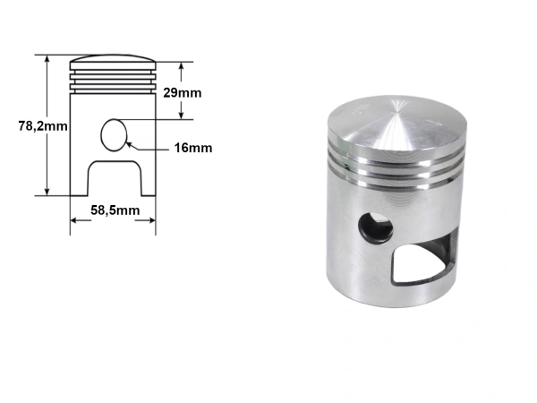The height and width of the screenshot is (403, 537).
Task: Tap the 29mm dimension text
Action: coord(184,93)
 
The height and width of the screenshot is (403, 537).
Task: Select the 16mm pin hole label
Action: coord(194,148)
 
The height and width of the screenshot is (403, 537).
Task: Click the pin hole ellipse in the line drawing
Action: coord(114,135)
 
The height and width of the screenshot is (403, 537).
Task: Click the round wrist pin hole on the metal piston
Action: coord(373,227)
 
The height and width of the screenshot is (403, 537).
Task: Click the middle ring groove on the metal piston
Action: coord(394,165)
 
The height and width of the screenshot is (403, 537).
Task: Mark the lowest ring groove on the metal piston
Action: coord(394,176)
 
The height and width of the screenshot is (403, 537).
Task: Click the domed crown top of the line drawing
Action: coord(114,63)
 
